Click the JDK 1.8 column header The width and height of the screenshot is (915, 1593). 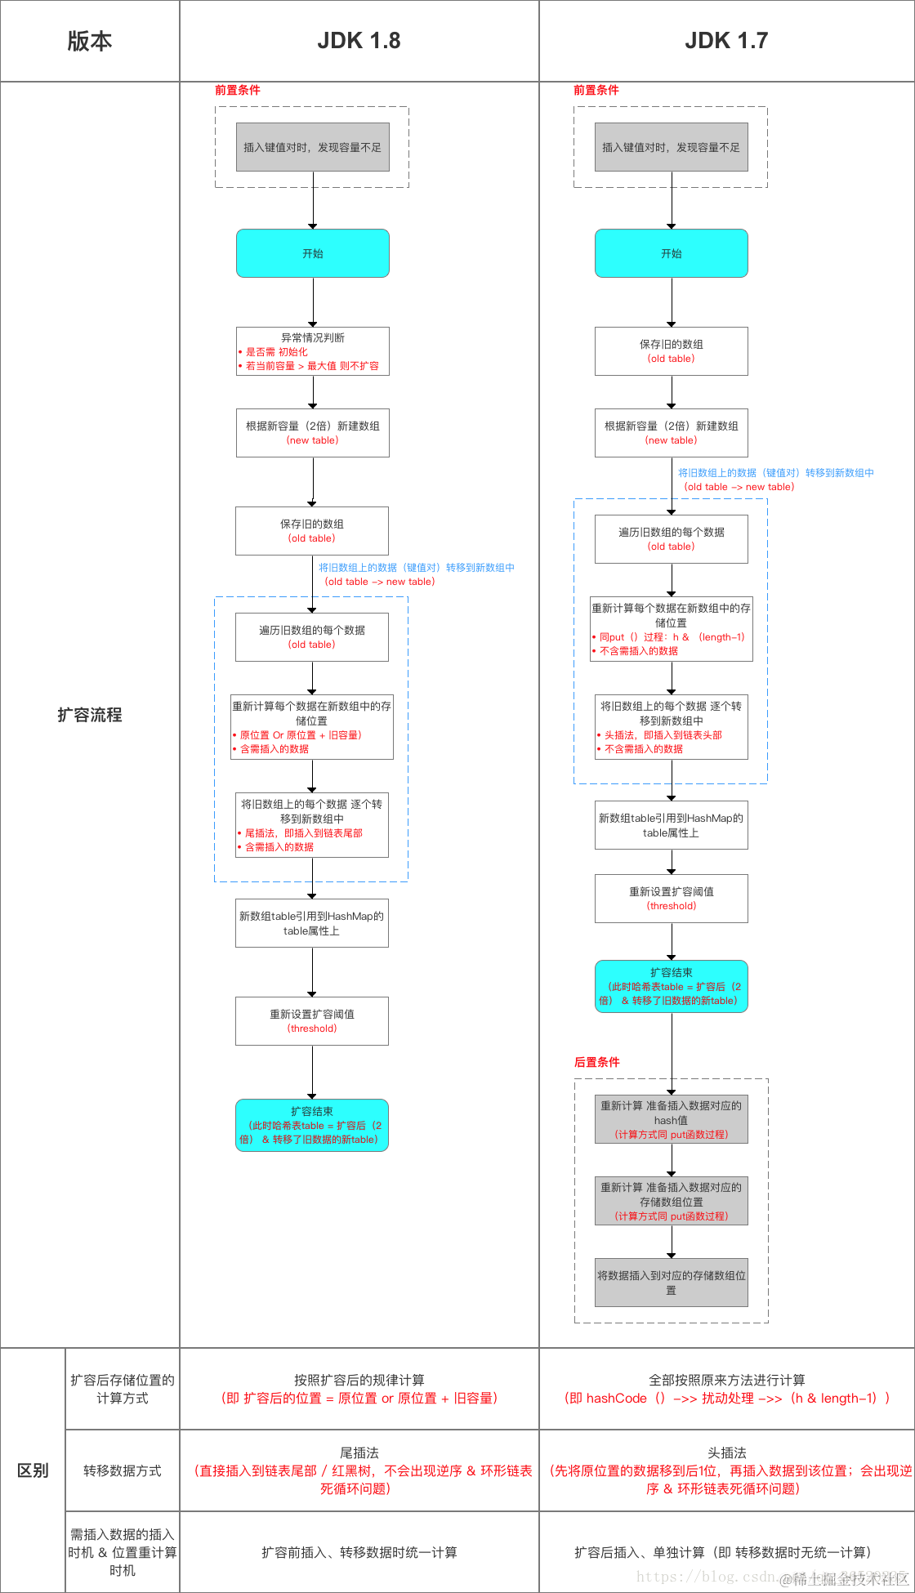click(x=359, y=41)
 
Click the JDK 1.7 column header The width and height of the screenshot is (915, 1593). click(x=726, y=41)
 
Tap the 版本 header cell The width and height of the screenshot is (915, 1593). click(x=90, y=41)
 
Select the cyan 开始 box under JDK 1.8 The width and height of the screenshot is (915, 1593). click(x=312, y=253)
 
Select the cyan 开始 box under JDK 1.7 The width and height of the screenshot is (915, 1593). click(x=671, y=253)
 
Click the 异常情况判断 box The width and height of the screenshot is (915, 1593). click(x=312, y=351)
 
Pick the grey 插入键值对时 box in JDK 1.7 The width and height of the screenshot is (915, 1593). click(x=671, y=147)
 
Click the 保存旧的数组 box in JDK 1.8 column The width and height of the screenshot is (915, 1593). click(x=311, y=531)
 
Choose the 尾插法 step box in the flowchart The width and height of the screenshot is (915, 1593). click(x=311, y=825)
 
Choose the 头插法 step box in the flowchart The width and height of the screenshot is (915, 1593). click(x=671, y=727)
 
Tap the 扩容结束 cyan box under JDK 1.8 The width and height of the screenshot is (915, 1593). click(x=311, y=1125)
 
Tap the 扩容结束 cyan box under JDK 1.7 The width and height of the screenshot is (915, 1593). click(x=671, y=986)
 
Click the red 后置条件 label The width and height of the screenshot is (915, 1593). click(x=596, y=1062)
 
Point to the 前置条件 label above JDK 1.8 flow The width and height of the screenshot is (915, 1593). click(x=237, y=90)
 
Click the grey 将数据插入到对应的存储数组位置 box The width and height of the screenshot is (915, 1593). click(x=671, y=1283)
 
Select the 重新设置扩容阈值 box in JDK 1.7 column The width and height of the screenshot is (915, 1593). click(x=671, y=899)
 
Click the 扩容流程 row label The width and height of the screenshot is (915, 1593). click(x=90, y=715)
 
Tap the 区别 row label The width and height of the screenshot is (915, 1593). click(x=33, y=1470)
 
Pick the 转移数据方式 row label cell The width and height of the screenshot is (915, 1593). click(x=123, y=1470)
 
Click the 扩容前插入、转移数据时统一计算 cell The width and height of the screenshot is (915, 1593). click(x=359, y=1552)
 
